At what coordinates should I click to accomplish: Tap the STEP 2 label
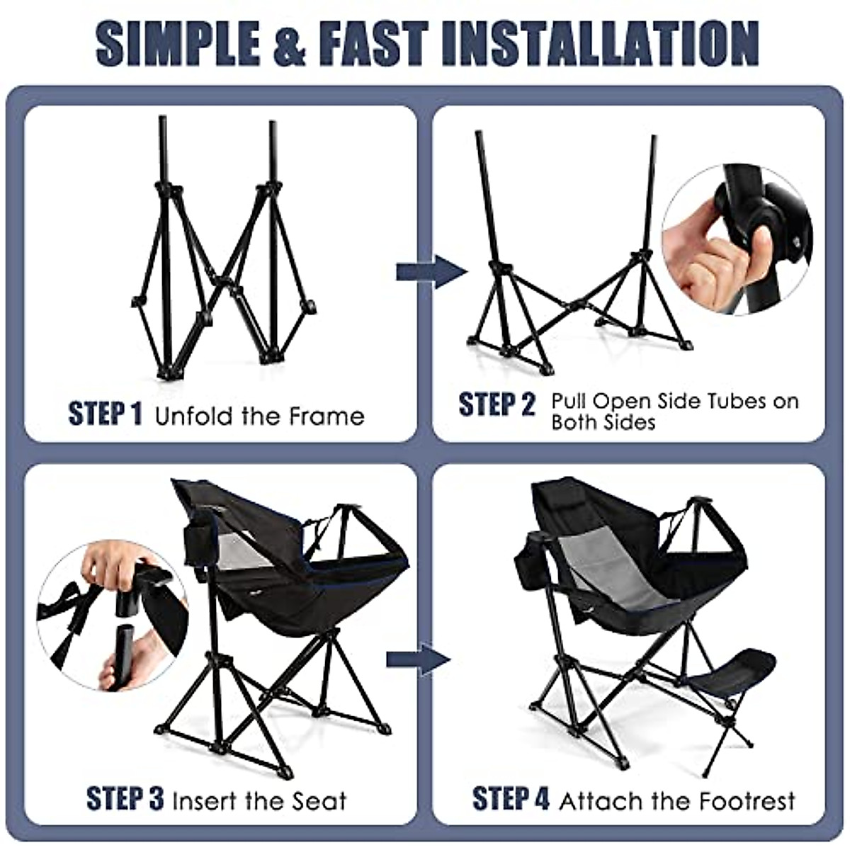[x=497, y=404]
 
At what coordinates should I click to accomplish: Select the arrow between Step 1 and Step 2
[x=431, y=272]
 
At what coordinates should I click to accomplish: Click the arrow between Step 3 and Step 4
[x=418, y=660]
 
